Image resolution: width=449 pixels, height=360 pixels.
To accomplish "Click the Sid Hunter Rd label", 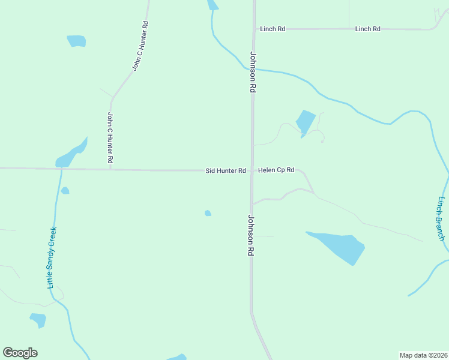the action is (x=226, y=171).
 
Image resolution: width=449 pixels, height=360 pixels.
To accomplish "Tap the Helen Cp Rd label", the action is (x=276, y=170).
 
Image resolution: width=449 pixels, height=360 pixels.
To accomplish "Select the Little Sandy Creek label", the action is (x=53, y=257).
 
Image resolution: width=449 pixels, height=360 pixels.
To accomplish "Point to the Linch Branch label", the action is (x=441, y=218).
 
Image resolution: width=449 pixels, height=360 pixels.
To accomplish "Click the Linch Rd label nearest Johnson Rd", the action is (x=272, y=29).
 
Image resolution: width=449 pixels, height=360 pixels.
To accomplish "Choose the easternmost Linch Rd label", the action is (x=368, y=29).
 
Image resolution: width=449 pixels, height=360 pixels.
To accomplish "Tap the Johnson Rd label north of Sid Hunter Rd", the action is (x=253, y=71).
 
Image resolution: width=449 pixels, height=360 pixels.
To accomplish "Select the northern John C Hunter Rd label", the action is (x=140, y=46).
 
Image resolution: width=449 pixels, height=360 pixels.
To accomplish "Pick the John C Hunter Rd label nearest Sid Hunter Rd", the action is (x=110, y=138).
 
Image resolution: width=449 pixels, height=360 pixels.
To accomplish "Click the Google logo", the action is (x=20, y=353).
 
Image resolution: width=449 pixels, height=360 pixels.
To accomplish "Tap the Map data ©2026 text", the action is (x=423, y=355).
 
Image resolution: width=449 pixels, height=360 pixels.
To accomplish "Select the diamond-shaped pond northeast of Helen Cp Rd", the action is (x=306, y=122).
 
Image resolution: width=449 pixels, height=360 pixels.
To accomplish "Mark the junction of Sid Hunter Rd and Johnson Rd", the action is (x=252, y=170).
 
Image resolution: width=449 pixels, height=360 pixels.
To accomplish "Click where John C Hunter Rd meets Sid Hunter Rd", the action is (x=110, y=169).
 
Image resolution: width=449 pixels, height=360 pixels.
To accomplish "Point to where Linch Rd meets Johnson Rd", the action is (x=253, y=29).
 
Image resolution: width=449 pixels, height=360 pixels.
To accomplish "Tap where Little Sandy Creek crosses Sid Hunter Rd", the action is (x=61, y=169).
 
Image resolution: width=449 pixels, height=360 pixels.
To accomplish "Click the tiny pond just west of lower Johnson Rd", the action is (x=208, y=213).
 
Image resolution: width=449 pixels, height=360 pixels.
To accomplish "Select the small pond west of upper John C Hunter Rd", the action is (x=76, y=41).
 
